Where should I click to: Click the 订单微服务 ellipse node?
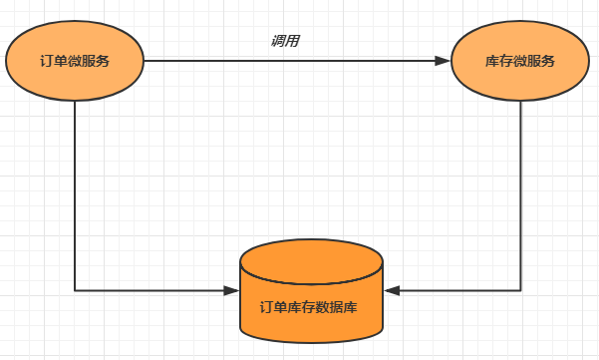pos(75,61)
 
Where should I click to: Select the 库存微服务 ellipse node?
pos(520,61)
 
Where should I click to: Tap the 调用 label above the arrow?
pos(285,41)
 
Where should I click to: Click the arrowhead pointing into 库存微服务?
pos(443,61)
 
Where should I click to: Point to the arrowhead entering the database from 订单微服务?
pos(231,290)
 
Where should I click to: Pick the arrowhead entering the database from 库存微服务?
pos(392,290)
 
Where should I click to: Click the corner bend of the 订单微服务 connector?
pos(75,290)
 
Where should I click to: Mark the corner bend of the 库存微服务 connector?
pos(520,290)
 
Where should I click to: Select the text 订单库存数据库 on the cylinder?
pos(309,307)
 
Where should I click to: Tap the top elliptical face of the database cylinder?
pos(311,262)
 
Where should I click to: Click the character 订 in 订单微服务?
pos(47,61)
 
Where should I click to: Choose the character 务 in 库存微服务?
pos(548,61)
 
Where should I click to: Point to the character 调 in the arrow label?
pos(278,41)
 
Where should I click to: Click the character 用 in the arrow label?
pos(292,41)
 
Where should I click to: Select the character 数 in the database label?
pos(322,307)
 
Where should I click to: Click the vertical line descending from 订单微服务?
pos(75,195)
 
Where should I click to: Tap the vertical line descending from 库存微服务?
pos(520,195)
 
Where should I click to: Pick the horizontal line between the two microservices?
pos(297,61)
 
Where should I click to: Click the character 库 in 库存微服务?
pos(492,61)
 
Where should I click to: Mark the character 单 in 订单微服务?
pos(61,61)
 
